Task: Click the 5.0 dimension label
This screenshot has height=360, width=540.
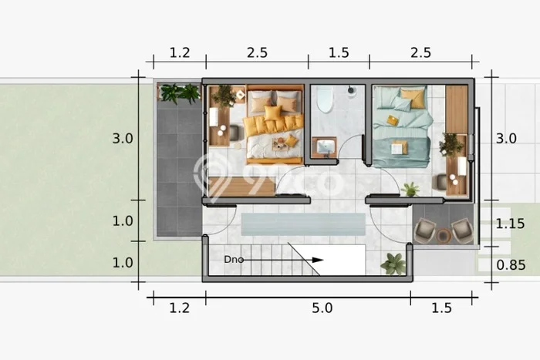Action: [322, 308]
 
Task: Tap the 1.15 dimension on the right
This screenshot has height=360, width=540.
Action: [510, 224]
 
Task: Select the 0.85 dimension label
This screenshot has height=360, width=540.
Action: [511, 265]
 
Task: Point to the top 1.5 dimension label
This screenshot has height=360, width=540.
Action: [339, 52]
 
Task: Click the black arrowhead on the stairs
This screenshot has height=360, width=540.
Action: [318, 260]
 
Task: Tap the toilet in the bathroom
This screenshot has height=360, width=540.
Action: [325, 99]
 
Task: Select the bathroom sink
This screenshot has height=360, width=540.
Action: [325, 147]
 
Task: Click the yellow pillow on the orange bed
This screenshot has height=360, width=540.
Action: [273, 113]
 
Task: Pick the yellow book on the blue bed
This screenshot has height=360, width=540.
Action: [392, 119]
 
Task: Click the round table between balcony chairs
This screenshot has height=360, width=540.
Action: [444, 235]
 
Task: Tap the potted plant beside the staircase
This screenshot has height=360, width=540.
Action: [393, 264]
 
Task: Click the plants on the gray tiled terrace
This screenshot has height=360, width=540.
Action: [180, 93]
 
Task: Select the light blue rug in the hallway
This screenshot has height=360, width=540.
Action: [303, 224]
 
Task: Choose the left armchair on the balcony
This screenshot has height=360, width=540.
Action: [426, 230]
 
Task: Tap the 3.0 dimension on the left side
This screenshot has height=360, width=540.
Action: [123, 138]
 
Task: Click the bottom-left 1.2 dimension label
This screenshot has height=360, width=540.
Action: [180, 308]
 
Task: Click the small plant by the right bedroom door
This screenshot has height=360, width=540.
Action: [410, 190]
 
